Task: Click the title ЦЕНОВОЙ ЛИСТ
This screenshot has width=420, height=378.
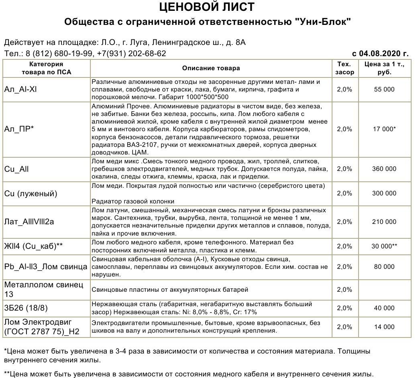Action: [x=207, y=7]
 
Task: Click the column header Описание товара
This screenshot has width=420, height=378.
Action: [x=211, y=68]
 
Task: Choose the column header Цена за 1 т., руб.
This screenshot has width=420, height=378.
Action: [x=384, y=68]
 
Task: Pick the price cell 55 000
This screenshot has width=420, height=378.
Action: [x=384, y=89]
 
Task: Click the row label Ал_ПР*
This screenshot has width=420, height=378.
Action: [x=19, y=129]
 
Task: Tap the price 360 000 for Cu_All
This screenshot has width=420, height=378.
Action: [x=384, y=169]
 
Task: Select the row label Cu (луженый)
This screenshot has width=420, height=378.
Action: [x=31, y=193]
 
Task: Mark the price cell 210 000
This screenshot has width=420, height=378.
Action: [x=384, y=222]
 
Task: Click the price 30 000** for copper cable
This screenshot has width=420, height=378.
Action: [x=384, y=246]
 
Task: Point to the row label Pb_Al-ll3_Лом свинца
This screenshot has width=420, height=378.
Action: [x=46, y=267]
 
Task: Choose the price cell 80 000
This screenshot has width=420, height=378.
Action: [x=384, y=267]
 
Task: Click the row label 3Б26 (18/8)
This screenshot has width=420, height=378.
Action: [x=26, y=308]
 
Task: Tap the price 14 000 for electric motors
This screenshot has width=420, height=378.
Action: [x=384, y=327]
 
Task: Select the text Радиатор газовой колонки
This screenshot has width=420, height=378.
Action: [x=133, y=201]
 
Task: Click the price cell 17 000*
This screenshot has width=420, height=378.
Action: [x=384, y=129]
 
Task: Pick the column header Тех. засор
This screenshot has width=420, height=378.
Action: [x=345, y=68]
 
